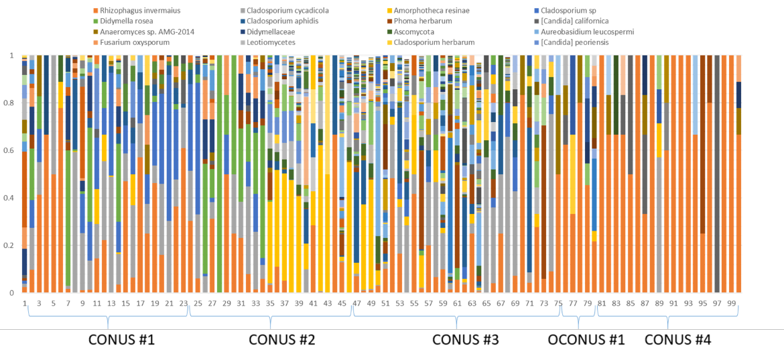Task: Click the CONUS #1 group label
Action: (122, 340)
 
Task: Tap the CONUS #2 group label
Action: (281, 340)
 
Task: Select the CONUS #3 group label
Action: (465, 340)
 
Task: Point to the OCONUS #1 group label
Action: (586, 340)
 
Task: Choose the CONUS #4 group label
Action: (677, 340)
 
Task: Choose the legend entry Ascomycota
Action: (426, 31)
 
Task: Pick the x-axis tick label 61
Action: (457, 304)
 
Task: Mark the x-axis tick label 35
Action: (269, 304)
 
